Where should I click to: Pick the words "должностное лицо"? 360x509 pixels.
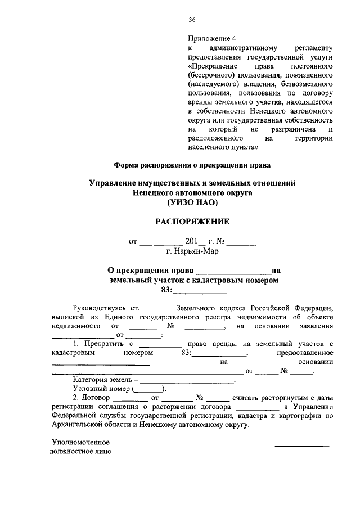click(x=80, y=451)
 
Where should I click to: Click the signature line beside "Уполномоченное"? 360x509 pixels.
click(x=301, y=445)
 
